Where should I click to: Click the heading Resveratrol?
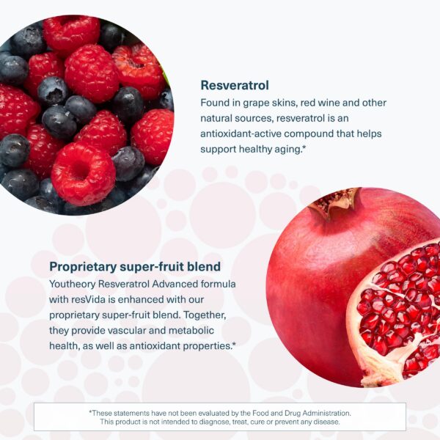[x=235, y=84]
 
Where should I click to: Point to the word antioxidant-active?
[x=246, y=134]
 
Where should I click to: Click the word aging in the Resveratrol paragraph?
[x=282, y=150]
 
